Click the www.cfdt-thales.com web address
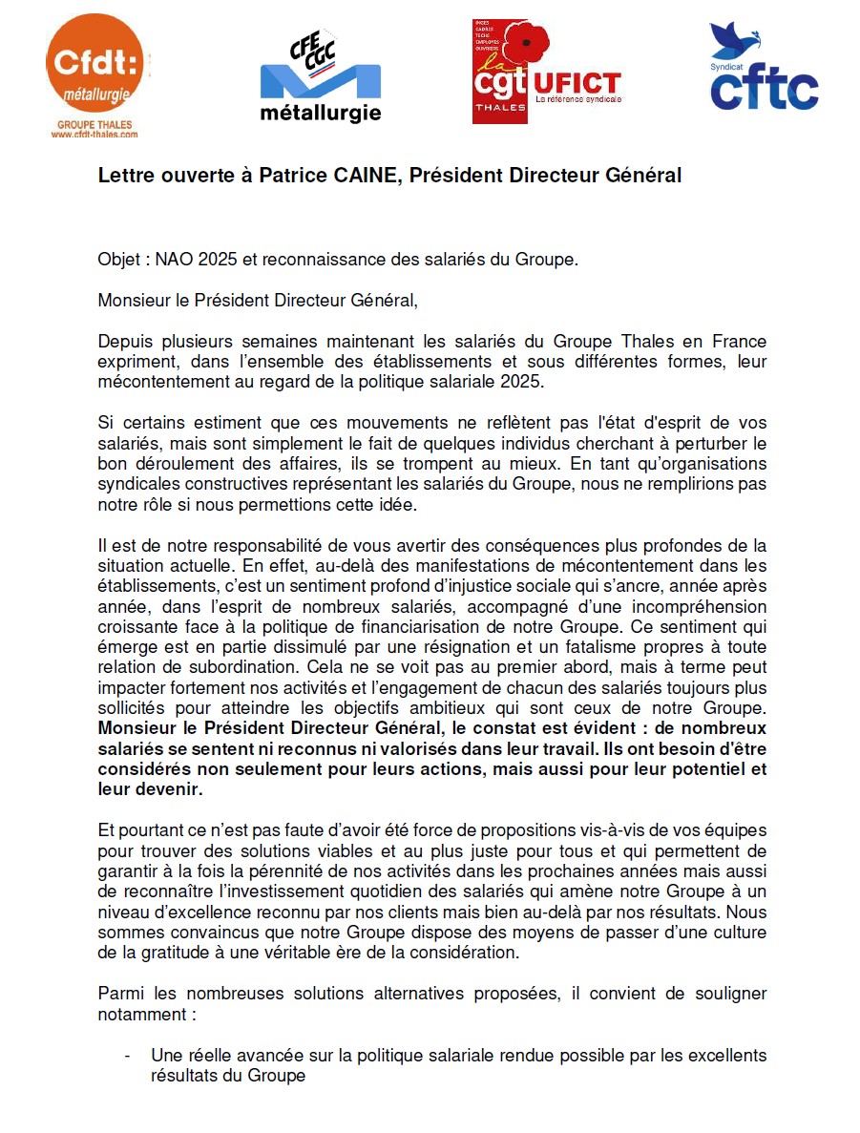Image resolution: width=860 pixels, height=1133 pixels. [94, 135]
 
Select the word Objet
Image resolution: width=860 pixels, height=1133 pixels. [118, 260]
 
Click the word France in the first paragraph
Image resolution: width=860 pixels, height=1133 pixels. [743, 342]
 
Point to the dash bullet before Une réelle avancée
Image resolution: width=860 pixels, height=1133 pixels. [128, 1057]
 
